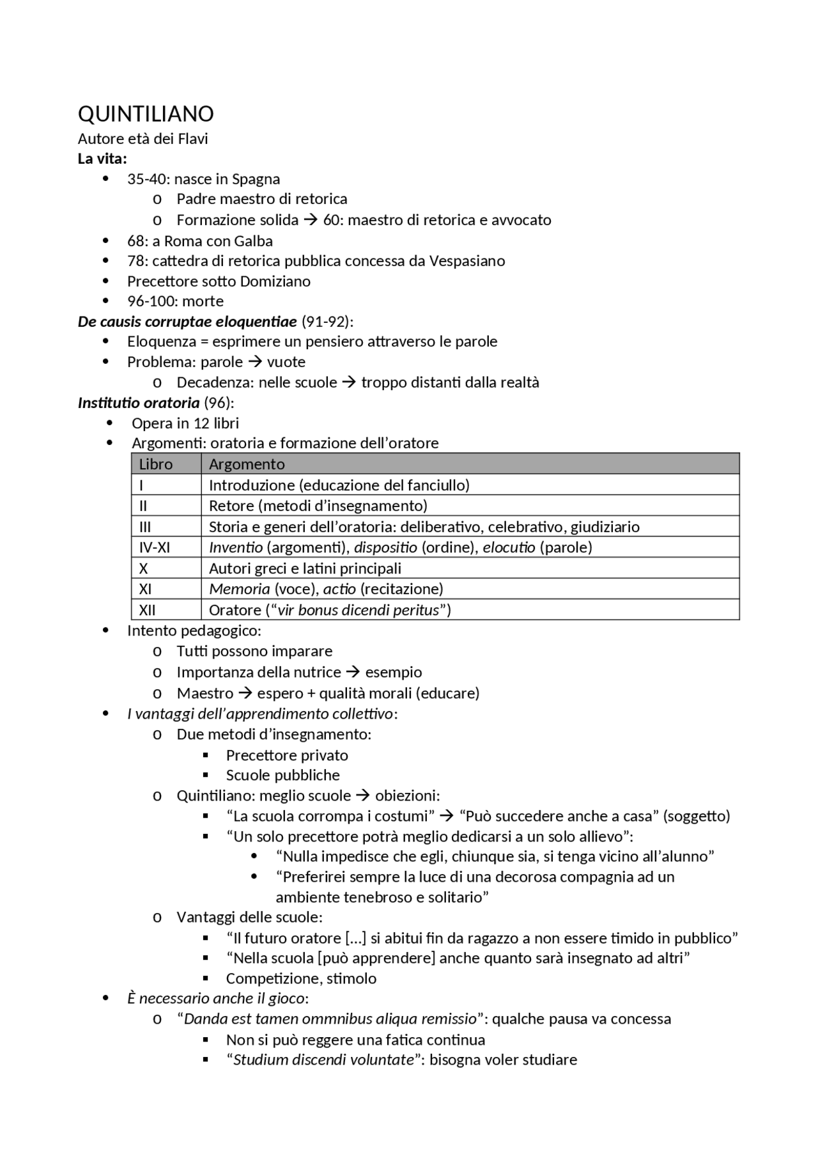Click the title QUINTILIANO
(x=146, y=114)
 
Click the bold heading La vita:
(x=102, y=159)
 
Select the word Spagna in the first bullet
(x=256, y=179)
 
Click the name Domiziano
(x=280, y=281)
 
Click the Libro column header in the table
(x=156, y=464)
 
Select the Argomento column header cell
(x=247, y=464)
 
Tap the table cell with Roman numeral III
(x=145, y=527)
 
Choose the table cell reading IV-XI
(x=155, y=547)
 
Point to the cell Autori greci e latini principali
(x=305, y=568)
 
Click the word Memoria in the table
(x=240, y=589)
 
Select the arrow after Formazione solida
(x=311, y=220)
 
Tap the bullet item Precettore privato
(x=287, y=755)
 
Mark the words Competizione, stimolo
(x=301, y=978)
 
